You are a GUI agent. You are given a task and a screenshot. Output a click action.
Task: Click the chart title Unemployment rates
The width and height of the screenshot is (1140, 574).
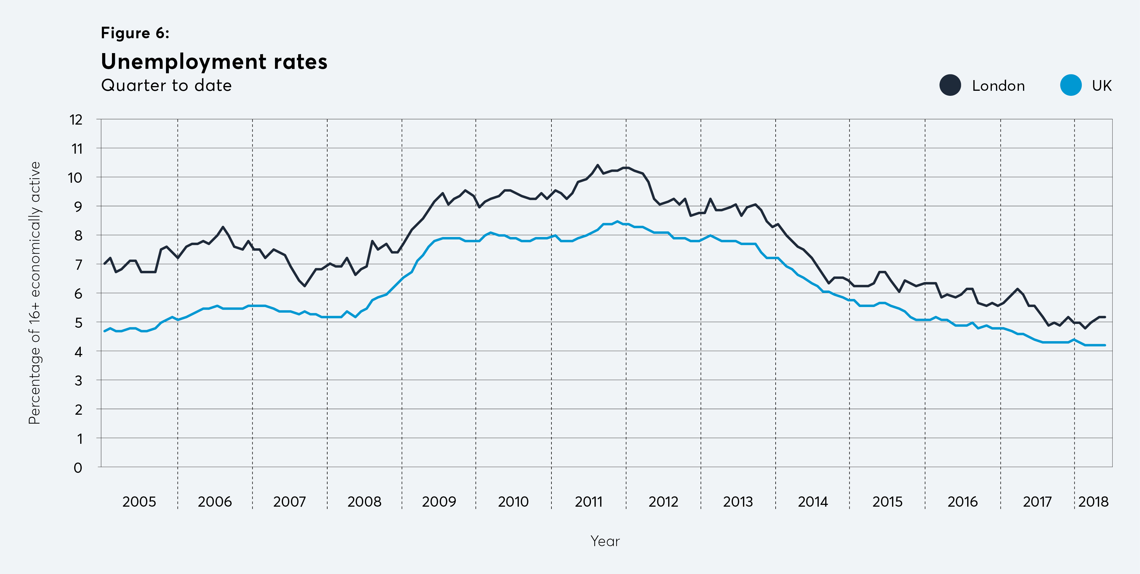click(x=214, y=61)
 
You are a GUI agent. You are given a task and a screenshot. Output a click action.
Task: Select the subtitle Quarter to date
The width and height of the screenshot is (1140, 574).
click(x=166, y=85)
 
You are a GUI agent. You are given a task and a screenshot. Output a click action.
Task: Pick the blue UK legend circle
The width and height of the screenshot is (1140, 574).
click(x=1071, y=85)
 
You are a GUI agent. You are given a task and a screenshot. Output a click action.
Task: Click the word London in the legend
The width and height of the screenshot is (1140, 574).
click(x=998, y=86)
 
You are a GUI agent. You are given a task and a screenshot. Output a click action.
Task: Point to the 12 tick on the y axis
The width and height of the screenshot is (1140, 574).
click(x=76, y=120)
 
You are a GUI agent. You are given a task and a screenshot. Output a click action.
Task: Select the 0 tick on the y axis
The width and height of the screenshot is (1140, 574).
click(x=78, y=468)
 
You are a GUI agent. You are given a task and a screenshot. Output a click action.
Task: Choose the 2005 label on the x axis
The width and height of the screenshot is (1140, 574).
click(x=139, y=502)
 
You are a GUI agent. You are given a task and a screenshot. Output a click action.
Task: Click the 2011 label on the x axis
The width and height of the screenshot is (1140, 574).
click(x=589, y=502)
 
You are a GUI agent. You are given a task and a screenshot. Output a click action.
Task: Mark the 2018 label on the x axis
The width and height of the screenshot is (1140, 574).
click(x=1093, y=502)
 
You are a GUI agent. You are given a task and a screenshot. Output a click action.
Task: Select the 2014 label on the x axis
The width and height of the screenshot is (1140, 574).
click(x=812, y=502)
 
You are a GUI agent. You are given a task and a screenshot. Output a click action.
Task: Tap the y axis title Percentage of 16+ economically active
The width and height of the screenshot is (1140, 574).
click(x=34, y=293)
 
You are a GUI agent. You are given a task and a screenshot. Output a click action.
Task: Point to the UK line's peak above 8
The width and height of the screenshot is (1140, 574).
click(x=617, y=222)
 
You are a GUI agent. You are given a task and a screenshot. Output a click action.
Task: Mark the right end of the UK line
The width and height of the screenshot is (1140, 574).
click(x=1105, y=345)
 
